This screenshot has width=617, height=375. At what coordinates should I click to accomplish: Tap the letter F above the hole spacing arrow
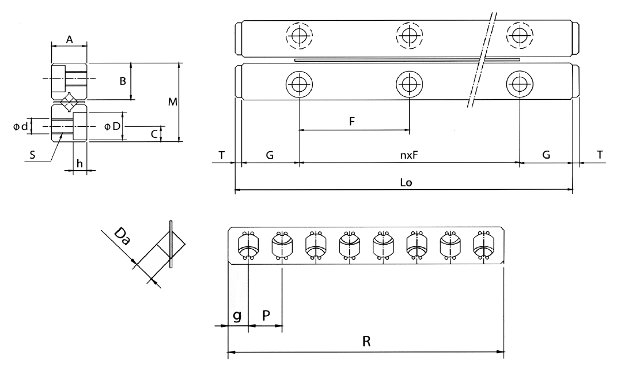(352, 122)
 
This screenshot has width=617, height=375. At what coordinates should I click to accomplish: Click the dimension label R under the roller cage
(366, 341)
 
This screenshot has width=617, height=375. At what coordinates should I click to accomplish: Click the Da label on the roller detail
(122, 237)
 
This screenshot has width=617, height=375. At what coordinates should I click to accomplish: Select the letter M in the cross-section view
(172, 102)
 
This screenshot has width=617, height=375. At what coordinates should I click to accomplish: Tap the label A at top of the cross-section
(69, 39)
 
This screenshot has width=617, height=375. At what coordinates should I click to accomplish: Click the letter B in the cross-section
(123, 81)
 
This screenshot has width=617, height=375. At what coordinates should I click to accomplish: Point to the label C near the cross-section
(154, 134)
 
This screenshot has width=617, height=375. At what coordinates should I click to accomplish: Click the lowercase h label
(80, 164)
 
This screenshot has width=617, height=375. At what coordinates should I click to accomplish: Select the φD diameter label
(112, 126)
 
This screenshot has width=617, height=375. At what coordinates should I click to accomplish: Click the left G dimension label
(269, 155)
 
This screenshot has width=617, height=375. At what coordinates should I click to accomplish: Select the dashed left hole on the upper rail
(299, 36)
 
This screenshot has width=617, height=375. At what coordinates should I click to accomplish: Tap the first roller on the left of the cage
(247, 245)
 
